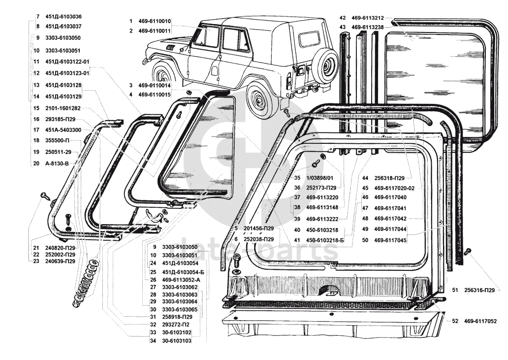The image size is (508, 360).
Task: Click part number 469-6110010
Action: pyautogui.click(x=155, y=21)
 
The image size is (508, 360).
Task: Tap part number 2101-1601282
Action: pyautogui.click(x=63, y=108)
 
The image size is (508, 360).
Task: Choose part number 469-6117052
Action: pyautogui.click(x=480, y=321)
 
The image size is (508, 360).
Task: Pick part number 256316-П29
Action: pyautogui.click(x=479, y=290)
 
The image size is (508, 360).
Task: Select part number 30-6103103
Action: pyautogui.click(x=176, y=340)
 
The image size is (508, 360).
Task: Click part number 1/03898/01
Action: pyautogui.click(x=319, y=178)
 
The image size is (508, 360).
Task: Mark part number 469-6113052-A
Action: pyautogui.click(x=181, y=280)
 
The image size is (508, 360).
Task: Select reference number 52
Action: pyautogui.click(x=455, y=321)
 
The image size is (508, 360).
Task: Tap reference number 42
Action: pyautogui.click(x=343, y=18)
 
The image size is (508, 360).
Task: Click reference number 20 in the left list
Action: pyautogui.click(x=36, y=163)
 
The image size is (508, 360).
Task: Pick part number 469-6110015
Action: pyautogui.click(x=155, y=94)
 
